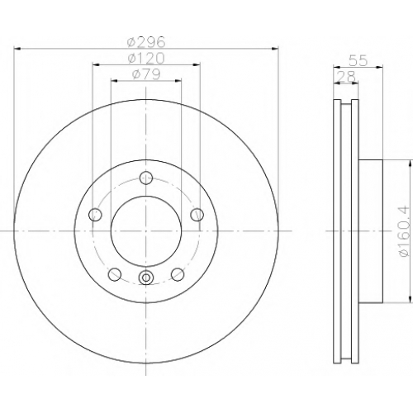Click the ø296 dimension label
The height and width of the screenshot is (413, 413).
tap(146, 42)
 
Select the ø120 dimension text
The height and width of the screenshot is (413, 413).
tap(146, 58)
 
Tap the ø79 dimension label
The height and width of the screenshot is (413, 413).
tap(146, 74)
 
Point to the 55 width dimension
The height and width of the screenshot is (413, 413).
tap(358, 61)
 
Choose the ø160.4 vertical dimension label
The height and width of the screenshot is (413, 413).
tap(406, 232)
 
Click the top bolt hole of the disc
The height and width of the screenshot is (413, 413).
tap(146, 178)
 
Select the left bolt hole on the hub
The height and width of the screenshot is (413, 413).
tap(95, 215)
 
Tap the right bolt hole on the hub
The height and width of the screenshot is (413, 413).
tap(197, 215)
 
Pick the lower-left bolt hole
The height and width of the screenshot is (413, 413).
tap(115, 274)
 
